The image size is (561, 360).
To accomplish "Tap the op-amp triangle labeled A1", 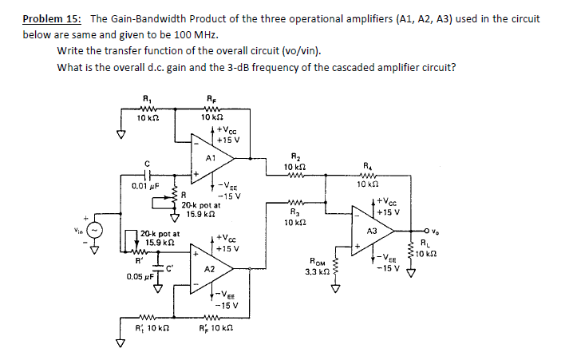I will pos(210,156).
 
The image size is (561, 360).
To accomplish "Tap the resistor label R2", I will pos(291,157).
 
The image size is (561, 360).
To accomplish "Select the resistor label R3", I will pos(291,212).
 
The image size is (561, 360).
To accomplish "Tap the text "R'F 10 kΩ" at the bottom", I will pos(217,328).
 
